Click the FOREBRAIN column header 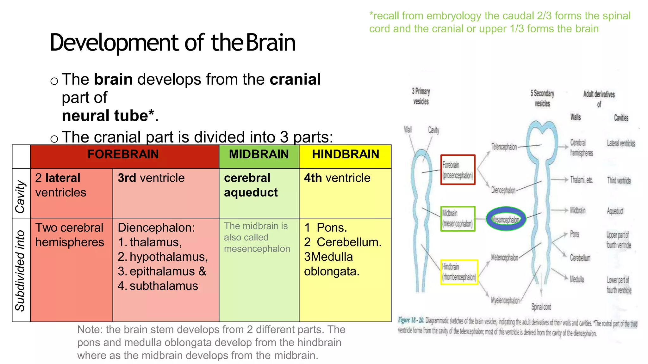tap(123, 155)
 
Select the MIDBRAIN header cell tap(259, 155)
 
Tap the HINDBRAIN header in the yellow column tap(345, 155)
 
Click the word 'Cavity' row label tap(20, 197)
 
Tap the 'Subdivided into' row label tap(20, 270)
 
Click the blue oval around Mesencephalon tap(506, 219)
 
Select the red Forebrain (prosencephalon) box tap(458, 170)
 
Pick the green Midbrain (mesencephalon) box tap(458, 219)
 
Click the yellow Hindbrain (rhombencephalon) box tap(459, 272)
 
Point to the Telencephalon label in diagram tap(504, 147)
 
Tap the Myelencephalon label tap(505, 300)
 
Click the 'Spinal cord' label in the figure tap(541, 307)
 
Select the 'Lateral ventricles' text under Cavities tap(621, 143)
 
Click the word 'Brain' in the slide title tap(271, 43)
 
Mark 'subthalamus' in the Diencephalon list tap(164, 286)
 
